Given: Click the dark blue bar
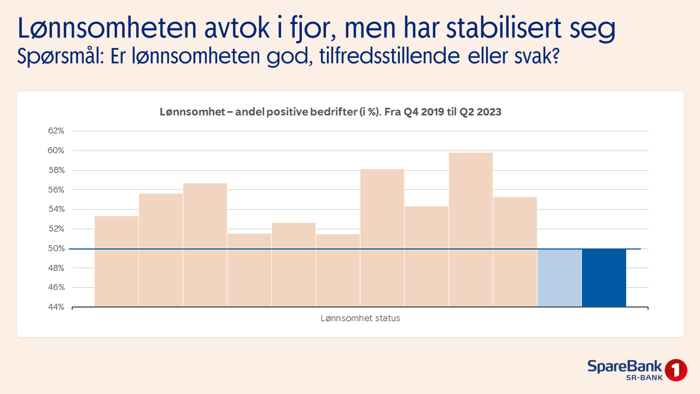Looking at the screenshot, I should [x=604, y=277].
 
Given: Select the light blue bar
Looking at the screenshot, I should [x=559, y=277].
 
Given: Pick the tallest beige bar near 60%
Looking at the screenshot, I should [x=471, y=230].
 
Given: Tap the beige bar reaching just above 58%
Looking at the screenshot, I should [x=382, y=238].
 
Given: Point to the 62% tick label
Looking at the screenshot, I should [x=56, y=131].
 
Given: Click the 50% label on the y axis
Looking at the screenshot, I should [x=56, y=248].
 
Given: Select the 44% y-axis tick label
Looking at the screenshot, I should [x=56, y=307].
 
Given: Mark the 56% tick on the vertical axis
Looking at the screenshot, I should [x=56, y=190].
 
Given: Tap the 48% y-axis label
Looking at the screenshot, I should [x=56, y=268].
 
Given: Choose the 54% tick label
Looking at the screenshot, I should [x=56, y=209].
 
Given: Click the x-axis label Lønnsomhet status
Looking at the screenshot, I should [x=360, y=318].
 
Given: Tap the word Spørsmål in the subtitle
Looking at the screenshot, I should [x=60, y=57].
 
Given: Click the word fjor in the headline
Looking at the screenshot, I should [x=301, y=30].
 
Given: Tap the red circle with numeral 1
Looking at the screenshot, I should [x=676, y=370].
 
